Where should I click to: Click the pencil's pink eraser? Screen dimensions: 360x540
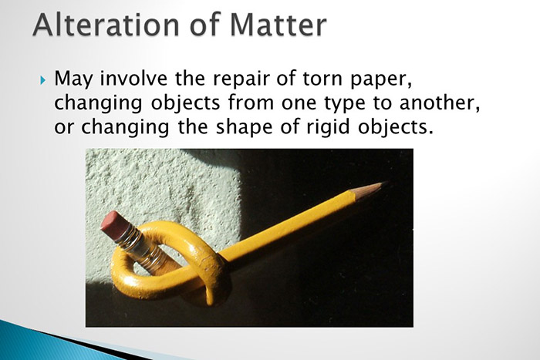point(113,222)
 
